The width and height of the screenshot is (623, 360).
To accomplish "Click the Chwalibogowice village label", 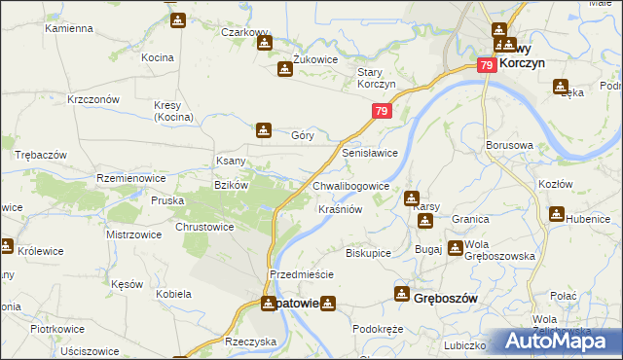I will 351,186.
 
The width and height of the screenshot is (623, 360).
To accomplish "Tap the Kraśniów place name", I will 341,209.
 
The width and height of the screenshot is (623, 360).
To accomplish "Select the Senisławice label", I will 370,154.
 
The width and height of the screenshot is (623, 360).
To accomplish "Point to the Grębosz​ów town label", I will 446,298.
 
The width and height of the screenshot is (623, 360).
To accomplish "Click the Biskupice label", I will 368,253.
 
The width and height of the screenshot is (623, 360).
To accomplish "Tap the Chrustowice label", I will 204,227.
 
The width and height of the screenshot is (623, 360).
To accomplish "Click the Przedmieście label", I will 302,274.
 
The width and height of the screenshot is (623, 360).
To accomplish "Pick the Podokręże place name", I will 378,329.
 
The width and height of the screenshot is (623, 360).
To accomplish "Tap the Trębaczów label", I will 40,156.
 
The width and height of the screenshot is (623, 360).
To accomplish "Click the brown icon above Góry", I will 263,128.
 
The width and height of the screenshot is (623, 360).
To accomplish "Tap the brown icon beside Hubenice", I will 557,214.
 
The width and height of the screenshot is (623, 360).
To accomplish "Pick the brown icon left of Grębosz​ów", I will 401,293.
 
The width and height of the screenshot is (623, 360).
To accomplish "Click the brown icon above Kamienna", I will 177,19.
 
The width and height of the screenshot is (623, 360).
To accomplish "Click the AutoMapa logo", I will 558,341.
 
